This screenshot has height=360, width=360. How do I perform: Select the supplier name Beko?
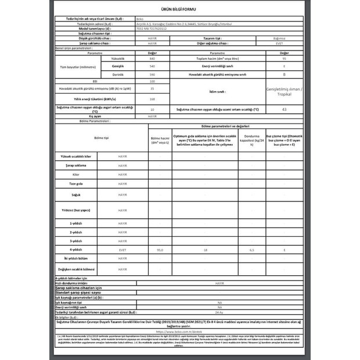point(139,19)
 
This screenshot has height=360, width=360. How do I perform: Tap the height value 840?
point(152,59)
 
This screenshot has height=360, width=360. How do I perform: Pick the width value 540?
point(152,67)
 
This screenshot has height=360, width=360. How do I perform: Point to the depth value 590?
point(152,74)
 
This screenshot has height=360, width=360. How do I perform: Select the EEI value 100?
point(152,81)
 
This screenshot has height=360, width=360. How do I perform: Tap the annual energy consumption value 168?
point(152,99)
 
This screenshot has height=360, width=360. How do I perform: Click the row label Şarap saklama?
point(75,165)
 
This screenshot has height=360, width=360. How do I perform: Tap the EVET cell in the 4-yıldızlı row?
point(122,249)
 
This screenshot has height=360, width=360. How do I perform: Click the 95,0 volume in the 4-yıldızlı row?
point(160,249)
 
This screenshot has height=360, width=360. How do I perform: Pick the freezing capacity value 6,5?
point(250,249)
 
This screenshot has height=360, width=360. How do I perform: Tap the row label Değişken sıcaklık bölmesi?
point(75,269)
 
